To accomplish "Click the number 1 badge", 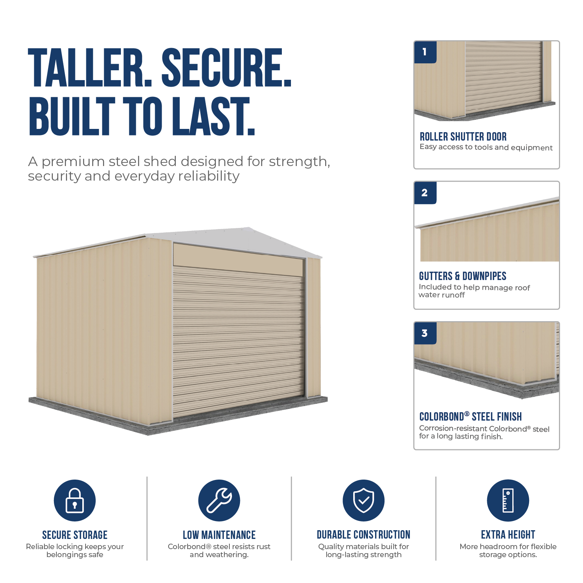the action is pyautogui.click(x=425, y=52).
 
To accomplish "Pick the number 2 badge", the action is pyautogui.click(x=425, y=193).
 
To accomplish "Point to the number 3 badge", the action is pyautogui.click(x=425, y=333).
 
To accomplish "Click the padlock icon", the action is pyautogui.click(x=75, y=500).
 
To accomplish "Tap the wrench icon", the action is pyautogui.click(x=219, y=500).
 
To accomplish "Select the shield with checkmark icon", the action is pyautogui.click(x=363, y=500).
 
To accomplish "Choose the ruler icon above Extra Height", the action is pyautogui.click(x=508, y=500).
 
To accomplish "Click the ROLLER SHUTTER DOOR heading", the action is pyautogui.click(x=463, y=137).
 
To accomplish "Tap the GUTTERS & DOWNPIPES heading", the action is pyautogui.click(x=462, y=276).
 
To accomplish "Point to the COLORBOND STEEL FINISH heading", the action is pyautogui.click(x=470, y=417).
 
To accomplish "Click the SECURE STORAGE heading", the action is pyautogui.click(x=75, y=535).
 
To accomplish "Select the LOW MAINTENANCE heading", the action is pyautogui.click(x=219, y=535).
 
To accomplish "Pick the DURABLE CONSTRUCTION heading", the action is pyautogui.click(x=363, y=535).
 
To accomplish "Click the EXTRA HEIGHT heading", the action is pyautogui.click(x=508, y=535).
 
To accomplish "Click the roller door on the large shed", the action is pyautogui.click(x=239, y=340).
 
